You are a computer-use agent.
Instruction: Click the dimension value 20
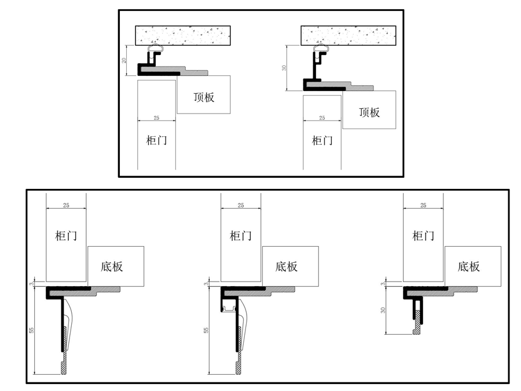click(124, 60)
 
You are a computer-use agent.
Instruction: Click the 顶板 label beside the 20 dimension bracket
click(204, 97)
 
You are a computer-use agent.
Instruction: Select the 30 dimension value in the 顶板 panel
click(284, 68)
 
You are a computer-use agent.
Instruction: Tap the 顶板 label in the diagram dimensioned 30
click(369, 112)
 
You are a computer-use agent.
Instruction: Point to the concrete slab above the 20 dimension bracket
click(183, 35)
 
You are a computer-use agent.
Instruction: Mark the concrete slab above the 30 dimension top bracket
click(348, 35)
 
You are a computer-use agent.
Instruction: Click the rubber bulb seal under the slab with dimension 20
click(156, 49)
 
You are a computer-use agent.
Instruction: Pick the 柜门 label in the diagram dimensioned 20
click(156, 140)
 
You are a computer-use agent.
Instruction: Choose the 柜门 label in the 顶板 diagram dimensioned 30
click(322, 140)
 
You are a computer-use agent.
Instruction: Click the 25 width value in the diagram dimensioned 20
click(156, 118)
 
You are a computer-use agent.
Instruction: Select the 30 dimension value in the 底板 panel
click(383, 310)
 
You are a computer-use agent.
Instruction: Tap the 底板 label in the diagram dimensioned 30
click(468, 266)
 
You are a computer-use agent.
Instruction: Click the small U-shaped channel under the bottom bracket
click(229, 308)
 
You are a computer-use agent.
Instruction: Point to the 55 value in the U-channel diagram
click(206, 330)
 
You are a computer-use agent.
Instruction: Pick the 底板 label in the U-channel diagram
click(286, 266)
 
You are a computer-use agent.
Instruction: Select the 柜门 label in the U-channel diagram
click(241, 236)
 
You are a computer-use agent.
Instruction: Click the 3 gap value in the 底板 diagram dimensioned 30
click(383, 284)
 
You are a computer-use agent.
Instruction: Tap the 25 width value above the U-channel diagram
click(241, 206)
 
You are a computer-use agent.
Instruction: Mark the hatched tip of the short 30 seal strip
click(416, 331)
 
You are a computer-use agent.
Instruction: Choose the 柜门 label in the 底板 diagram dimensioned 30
click(423, 236)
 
